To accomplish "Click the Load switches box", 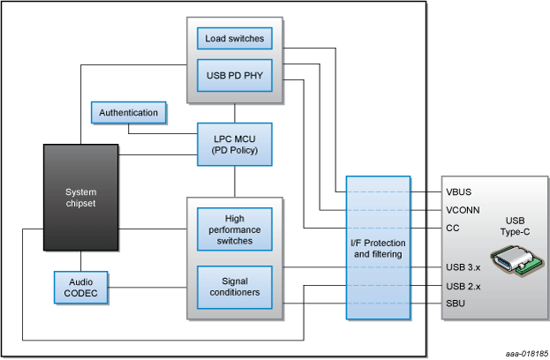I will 235,39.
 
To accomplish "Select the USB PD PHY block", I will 235,75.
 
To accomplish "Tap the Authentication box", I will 129,113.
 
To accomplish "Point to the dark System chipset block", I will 81,198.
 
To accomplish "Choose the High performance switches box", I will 235,229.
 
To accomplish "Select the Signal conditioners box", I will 235,287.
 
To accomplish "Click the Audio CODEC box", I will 81,287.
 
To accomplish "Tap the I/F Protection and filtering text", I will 379,248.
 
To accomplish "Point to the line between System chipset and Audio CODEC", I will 81,262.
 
